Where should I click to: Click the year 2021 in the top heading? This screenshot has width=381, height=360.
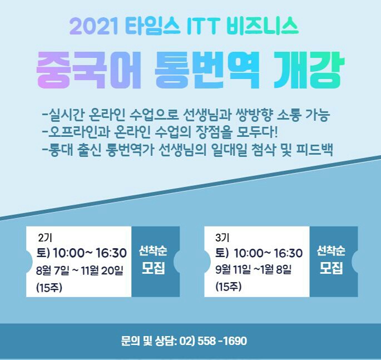pos(94,27)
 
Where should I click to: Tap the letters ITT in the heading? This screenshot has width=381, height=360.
pos(204,27)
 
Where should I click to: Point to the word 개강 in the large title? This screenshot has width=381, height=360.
pos(309,70)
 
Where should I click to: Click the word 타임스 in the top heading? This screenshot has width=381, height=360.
pos(153,27)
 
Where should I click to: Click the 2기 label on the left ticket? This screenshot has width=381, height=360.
pos(45,238)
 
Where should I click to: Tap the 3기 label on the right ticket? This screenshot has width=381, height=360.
pos(222,238)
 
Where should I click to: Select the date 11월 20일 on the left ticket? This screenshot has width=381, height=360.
pos(102,270)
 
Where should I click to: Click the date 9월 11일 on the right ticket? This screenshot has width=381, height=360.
pos(233,269)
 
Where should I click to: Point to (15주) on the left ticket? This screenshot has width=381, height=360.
pos(49,288)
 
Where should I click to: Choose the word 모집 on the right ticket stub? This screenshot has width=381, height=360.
pos(331,268)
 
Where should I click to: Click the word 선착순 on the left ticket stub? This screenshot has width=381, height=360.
pos(153,250)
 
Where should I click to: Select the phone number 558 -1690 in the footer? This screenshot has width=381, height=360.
pos(222,341)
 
